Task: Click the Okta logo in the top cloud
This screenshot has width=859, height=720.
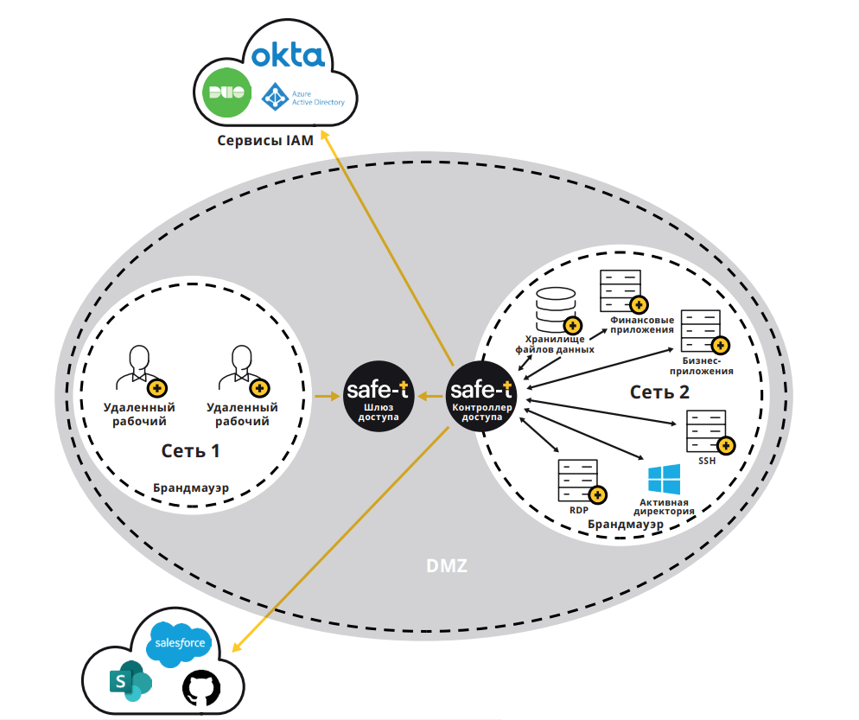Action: (288, 56)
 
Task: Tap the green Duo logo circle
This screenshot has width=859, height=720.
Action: (226, 94)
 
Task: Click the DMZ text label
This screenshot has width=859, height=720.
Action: (447, 566)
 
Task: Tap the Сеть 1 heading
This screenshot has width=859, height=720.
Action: (191, 450)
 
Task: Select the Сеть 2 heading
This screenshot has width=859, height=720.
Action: (659, 392)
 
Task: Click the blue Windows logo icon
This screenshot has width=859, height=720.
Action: (665, 480)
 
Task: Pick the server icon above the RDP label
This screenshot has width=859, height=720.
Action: (577, 481)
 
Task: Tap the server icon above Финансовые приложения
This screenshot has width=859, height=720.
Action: (620, 291)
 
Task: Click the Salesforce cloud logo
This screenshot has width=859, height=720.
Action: (180, 644)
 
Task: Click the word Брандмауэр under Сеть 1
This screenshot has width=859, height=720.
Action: (191, 487)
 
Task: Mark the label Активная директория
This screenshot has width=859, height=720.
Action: (665, 507)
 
